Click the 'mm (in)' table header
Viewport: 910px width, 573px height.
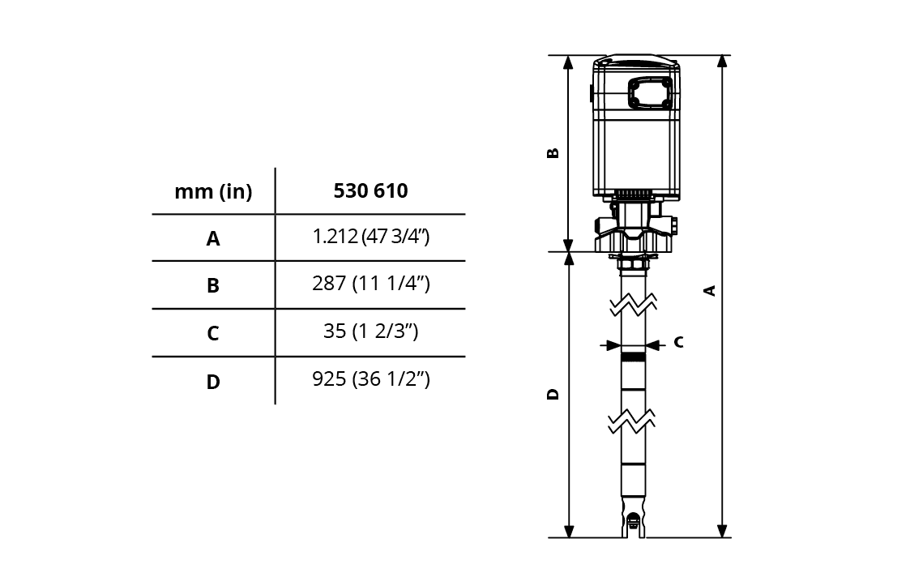coord(213,191)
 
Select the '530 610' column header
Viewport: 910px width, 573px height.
coord(371,190)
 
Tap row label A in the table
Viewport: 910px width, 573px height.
coord(213,238)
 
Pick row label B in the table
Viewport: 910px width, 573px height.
coord(213,285)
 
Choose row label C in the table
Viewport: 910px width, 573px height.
coord(213,333)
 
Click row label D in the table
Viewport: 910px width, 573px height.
coord(213,382)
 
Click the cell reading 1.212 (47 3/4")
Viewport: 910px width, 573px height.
coord(371,237)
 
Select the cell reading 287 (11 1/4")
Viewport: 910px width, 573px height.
coord(371,284)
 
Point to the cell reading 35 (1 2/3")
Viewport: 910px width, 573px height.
coord(371,331)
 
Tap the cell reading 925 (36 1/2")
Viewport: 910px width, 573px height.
coord(371,379)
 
